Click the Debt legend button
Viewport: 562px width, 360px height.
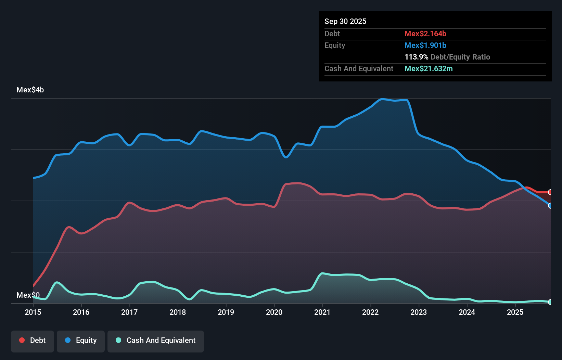pyautogui.click(x=33, y=340)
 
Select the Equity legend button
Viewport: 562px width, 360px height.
pyautogui.click(x=81, y=340)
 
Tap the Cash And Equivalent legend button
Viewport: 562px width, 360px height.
pyautogui.click(x=156, y=340)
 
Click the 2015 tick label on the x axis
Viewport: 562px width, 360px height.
pyautogui.click(x=33, y=312)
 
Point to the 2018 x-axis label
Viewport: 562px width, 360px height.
pyautogui.click(x=178, y=312)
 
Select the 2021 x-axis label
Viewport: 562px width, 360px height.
pyautogui.click(x=322, y=312)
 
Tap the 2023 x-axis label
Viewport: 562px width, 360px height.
pyautogui.click(x=419, y=312)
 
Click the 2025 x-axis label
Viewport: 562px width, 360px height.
pyautogui.click(x=515, y=312)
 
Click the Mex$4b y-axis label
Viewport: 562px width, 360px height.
pyautogui.click(x=30, y=90)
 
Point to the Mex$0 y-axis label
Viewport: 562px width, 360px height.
pyautogui.click(x=28, y=295)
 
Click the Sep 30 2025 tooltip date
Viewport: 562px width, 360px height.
pyautogui.click(x=345, y=22)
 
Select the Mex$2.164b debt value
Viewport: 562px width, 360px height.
pyautogui.click(x=425, y=34)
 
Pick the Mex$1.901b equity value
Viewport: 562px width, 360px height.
pyautogui.click(x=425, y=46)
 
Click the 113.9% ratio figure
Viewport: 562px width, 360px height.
pyautogui.click(x=416, y=57)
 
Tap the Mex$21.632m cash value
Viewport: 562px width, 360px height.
pyautogui.click(x=429, y=69)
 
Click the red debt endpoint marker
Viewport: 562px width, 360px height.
pyautogui.click(x=550, y=192)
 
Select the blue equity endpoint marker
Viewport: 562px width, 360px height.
pyautogui.click(x=550, y=206)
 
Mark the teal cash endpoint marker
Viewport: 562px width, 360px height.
pyautogui.click(x=550, y=302)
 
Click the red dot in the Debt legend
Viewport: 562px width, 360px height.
pyautogui.click(x=22, y=340)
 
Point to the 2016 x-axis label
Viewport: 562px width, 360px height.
pyautogui.click(x=81, y=312)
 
